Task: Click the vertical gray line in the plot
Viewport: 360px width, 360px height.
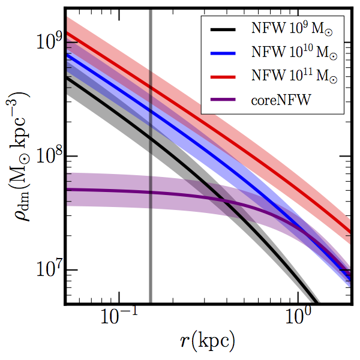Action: pyautogui.click(x=150, y=240)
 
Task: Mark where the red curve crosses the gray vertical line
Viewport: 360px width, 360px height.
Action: pyautogui.click(x=150, y=90)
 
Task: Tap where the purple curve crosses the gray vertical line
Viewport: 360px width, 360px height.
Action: pyautogui.click(x=150, y=193)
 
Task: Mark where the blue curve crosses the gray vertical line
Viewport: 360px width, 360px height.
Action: pyautogui.click(x=150, y=112)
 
